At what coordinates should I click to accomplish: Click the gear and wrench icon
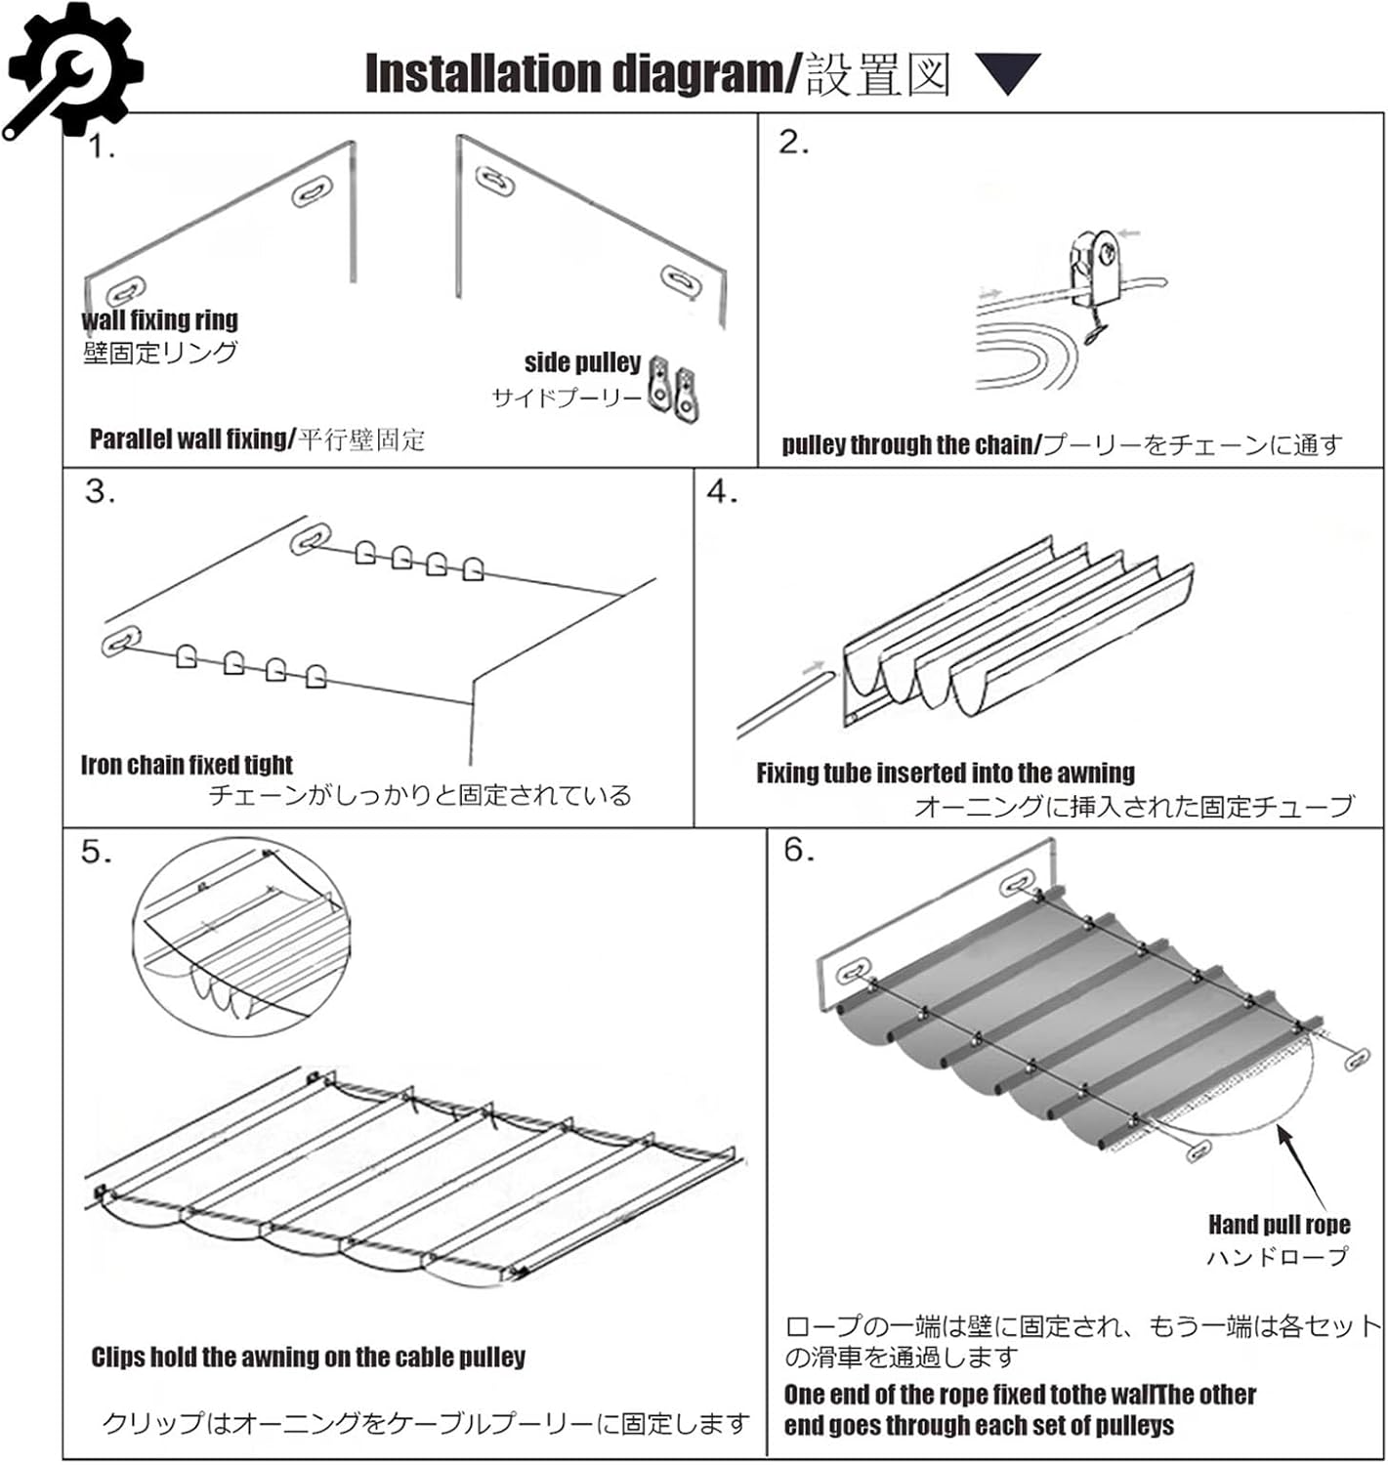pyautogui.click(x=70, y=70)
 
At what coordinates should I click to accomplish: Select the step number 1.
pyautogui.click(x=102, y=148)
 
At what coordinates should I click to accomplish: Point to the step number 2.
pyautogui.click(x=793, y=144)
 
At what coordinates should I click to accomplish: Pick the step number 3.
pyautogui.click(x=100, y=491)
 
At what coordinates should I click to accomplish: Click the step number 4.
pyautogui.click(x=722, y=492)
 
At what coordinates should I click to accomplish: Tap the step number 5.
pyautogui.click(x=96, y=853)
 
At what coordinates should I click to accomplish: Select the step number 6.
pyautogui.click(x=799, y=851)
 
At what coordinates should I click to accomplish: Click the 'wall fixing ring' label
pyautogui.click(x=159, y=320)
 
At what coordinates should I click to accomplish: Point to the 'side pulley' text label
pyautogui.click(x=582, y=362)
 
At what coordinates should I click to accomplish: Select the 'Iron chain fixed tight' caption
pyautogui.click(x=187, y=765)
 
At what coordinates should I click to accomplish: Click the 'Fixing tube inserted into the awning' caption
pyautogui.click(x=945, y=774)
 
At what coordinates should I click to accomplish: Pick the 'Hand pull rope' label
pyautogui.click(x=1279, y=1225)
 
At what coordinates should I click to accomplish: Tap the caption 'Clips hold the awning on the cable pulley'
pyautogui.click(x=308, y=1358)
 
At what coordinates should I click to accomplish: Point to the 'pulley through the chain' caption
pyautogui.click(x=908, y=445)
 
